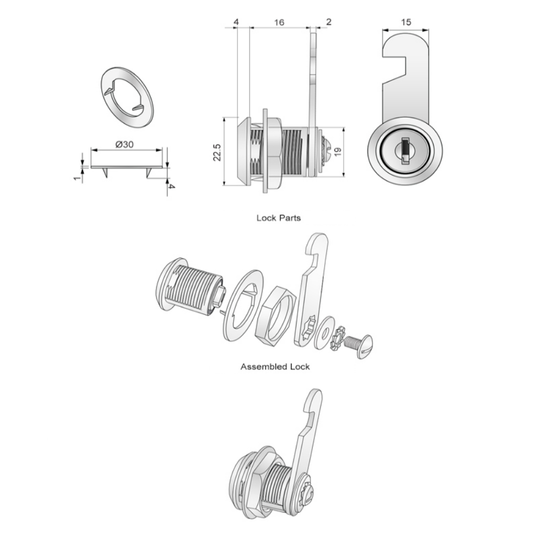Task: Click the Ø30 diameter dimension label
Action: pyautogui.click(x=124, y=144)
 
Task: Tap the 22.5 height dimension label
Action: pyautogui.click(x=217, y=152)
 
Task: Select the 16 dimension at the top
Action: pyautogui.click(x=279, y=22)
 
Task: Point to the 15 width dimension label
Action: pyautogui.click(x=406, y=22)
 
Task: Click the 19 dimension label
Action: pyautogui.click(x=338, y=151)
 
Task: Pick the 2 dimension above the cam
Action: pyautogui.click(x=328, y=22)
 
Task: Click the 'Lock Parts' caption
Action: pyautogui.click(x=279, y=218)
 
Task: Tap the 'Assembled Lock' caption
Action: pyautogui.click(x=275, y=366)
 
